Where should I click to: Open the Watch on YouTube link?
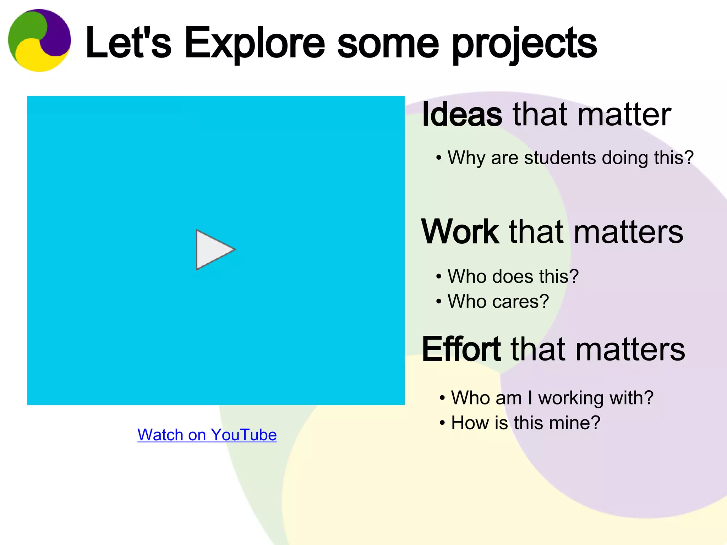pyautogui.click(x=207, y=435)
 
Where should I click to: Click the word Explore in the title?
pyautogui.click(x=255, y=43)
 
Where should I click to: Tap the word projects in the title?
pyautogui.click(x=525, y=44)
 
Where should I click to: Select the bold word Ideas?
pyautogui.click(x=462, y=114)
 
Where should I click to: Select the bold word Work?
pyautogui.click(x=460, y=232)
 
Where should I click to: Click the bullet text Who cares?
pyautogui.click(x=498, y=302)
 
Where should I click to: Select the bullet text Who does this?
pyautogui.click(x=513, y=276)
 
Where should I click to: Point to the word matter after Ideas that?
pyautogui.click(x=624, y=114)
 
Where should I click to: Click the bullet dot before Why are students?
pyautogui.click(x=439, y=158)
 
